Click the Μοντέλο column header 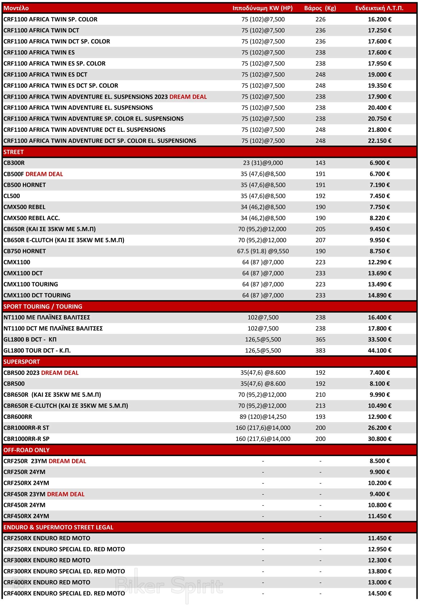pos(16,8)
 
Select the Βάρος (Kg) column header pos(320,8)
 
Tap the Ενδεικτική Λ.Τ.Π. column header pos(379,8)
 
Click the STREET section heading pos(13,152)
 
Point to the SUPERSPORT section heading pos(22,362)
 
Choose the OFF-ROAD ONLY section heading pos(26,450)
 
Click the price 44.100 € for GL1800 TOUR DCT pos(379,350)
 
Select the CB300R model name pos(14,163)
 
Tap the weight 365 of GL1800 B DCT pos(320,340)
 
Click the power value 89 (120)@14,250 pos(263,417)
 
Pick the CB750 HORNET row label pos(25,251)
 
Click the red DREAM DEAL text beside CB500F pos(44,174)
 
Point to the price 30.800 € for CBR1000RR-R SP pos(379,439)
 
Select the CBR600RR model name pos(18,417)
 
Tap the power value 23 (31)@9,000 pos(263,163)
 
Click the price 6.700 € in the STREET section pos(379,174)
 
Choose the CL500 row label pos(12,196)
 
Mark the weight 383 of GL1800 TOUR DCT pos(320,350)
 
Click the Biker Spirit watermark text pos(169,585)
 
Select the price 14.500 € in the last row pos(379,593)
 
